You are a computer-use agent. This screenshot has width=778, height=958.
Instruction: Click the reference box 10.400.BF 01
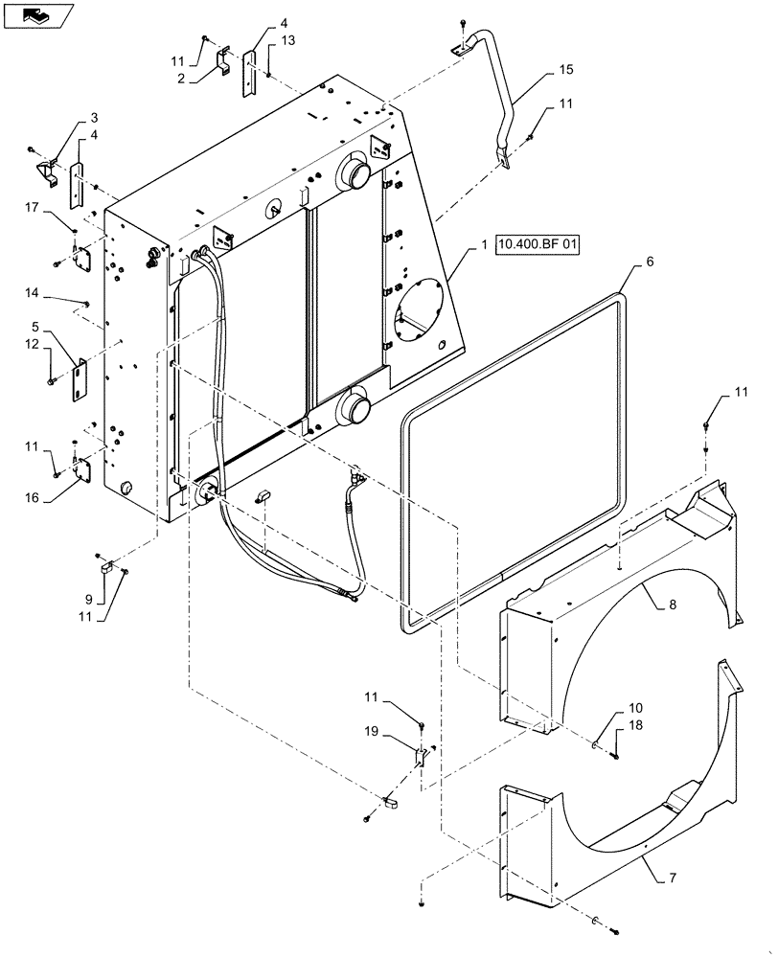click(x=538, y=246)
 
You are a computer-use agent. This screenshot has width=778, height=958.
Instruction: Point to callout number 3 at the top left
click(x=94, y=117)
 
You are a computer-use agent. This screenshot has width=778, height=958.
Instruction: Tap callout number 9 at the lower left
click(x=88, y=600)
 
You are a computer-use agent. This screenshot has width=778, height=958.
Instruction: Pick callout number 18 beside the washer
click(x=637, y=727)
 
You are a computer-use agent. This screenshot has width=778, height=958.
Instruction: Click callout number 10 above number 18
click(x=637, y=708)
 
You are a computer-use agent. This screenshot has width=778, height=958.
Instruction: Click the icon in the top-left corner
click(x=38, y=15)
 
